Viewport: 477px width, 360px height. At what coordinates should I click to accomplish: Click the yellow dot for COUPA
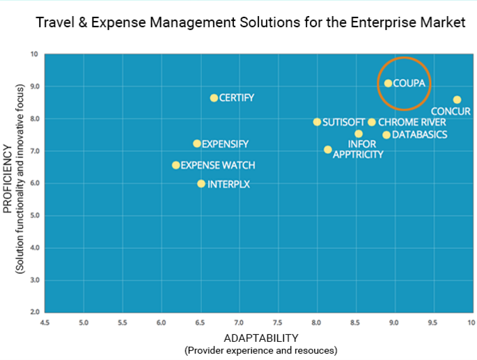coord(388,84)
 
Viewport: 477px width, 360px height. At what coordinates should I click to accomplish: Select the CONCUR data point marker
coord(457,100)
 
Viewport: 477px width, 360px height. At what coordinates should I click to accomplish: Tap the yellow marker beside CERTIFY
coord(214,98)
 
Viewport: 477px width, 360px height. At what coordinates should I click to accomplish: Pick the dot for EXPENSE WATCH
coord(175,165)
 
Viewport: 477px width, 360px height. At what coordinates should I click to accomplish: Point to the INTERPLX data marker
coord(201,184)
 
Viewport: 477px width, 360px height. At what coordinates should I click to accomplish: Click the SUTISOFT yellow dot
coord(317,122)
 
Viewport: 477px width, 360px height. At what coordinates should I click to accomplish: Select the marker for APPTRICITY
coord(328,150)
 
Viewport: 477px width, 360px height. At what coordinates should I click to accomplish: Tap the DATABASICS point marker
coord(386,135)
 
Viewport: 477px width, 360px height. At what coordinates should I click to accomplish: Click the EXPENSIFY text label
coord(225,144)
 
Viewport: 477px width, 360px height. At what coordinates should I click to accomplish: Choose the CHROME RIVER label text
coord(412,123)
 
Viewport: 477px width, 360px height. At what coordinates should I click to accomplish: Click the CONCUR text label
coord(451,111)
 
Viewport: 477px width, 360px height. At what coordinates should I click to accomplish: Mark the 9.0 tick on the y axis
coord(34,86)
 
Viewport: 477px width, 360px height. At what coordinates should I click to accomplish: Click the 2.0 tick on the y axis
coord(34,312)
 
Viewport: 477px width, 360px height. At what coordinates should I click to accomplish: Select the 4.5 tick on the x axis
coord(45,323)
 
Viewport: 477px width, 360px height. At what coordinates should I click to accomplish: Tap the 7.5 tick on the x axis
coord(277,323)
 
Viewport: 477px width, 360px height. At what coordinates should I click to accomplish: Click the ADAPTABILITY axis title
coord(260,338)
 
